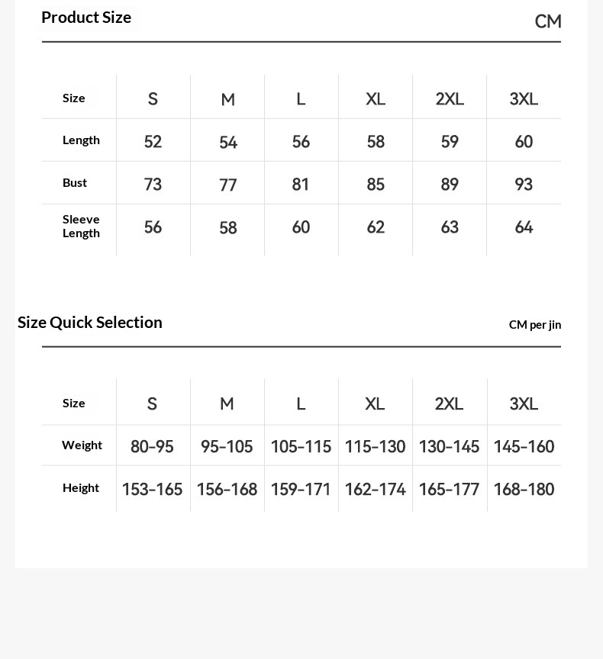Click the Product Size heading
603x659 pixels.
[x=86, y=18]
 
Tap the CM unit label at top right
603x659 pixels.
[x=547, y=21]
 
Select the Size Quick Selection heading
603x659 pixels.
[x=90, y=322]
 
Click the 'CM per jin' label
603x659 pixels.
[x=534, y=325]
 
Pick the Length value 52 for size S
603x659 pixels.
[x=153, y=142]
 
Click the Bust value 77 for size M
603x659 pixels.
[x=227, y=185]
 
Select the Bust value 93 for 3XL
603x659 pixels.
[x=524, y=185]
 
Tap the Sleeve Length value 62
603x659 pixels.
[x=376, y=227]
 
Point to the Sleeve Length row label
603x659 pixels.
[x=81, y=226]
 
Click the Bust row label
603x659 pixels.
[x=75, y=183]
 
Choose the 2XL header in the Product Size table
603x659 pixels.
[x=450, y=99]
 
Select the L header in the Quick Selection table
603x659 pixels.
[x=301, y=403]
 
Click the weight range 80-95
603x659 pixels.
[x=152, y=447]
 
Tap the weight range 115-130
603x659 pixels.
[x=375, y=447]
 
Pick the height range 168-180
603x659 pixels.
[x=524, y=490]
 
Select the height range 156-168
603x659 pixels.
[x=227, y=490]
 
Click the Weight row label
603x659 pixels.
[x=82, y=445]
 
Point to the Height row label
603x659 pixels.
[x=81, y=488]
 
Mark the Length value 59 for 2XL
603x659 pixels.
[x=450, y=142]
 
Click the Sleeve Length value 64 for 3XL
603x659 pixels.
[x=524, y=227]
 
